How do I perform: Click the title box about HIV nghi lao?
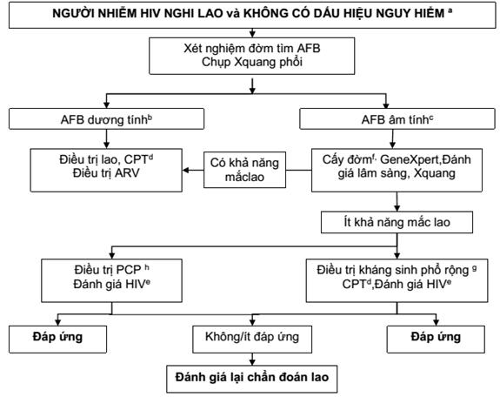pos(252,15)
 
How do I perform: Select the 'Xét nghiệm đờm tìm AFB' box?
pos(252,56)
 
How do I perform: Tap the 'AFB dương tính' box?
pos(106,118)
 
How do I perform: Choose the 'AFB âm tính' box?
pos(397,118)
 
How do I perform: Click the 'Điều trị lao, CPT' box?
pos(106,170)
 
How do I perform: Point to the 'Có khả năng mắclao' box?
pos(244,170)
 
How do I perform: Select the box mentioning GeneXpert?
pos(397,170)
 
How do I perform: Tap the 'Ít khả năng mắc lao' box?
pos(397,222)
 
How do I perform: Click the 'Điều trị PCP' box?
pos(111,280)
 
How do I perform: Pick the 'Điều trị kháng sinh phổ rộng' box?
pos(397,280)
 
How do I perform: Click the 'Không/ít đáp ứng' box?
pos(252,340)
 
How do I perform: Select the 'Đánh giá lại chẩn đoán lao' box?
pos(252,379)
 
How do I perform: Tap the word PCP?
pos(129,270)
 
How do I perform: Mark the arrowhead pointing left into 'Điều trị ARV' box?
pos(185,170)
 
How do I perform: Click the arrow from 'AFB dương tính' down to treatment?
pos(106,139)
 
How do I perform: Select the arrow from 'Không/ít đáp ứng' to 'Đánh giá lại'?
pos(252,360)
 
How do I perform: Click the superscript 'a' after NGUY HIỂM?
pos(450,10)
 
